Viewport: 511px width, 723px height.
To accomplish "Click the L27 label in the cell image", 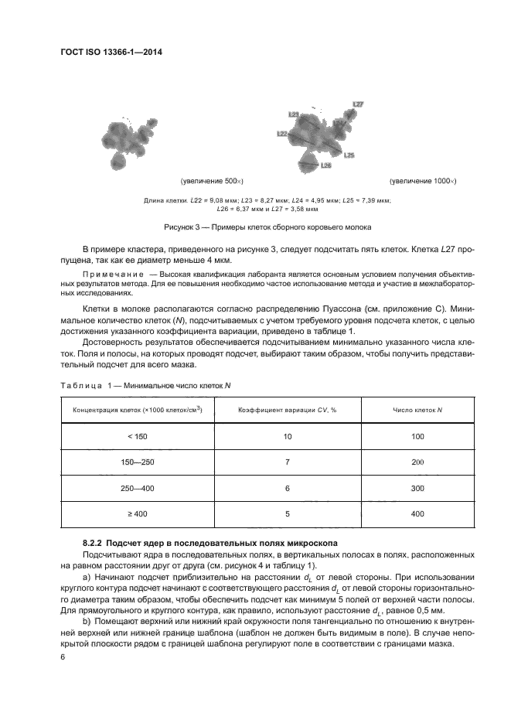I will point(358,104).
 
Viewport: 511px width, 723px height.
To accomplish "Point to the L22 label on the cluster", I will point(282,134).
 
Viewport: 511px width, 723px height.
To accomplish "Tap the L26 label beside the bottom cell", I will point(325,165).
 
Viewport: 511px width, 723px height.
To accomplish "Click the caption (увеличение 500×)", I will point(212,181).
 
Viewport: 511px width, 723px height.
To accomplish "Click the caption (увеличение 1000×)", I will point(423,181).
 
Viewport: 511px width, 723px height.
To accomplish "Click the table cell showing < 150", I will point(136,438).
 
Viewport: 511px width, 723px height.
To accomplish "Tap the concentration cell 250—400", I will point(136,488).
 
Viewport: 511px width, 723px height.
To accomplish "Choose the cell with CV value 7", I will point(287,462).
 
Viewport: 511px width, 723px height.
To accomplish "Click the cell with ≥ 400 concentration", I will point(136,513).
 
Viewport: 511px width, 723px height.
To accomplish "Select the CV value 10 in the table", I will point(287,438).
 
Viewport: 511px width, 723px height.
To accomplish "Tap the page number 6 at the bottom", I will point(63,656).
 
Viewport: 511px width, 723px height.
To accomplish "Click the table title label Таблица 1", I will point(87,384).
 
